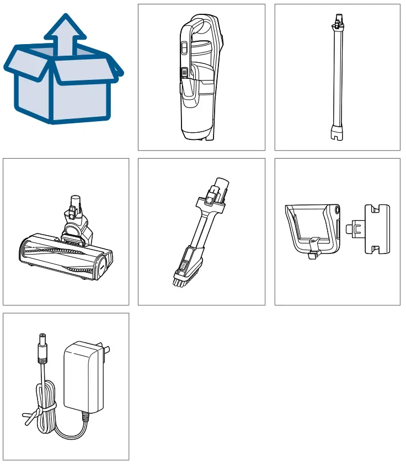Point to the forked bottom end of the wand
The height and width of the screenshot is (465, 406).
coord(336,134)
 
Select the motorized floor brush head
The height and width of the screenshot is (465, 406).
coord(66,248)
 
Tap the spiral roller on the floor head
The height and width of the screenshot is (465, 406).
coord(61,257)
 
